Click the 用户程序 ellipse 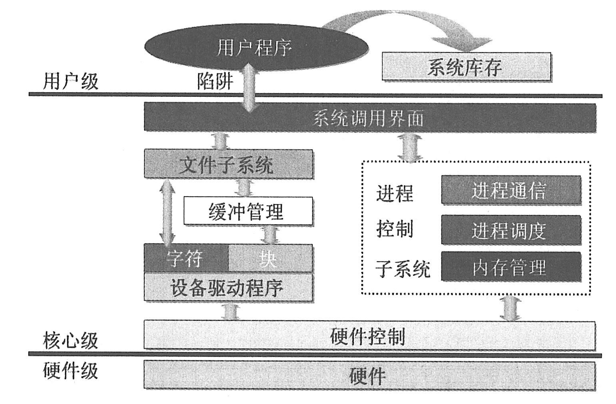click(x=256, y=48)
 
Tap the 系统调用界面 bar click(x=369, y=118)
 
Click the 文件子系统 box click(x=228, y=164)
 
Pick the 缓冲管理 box click(x=248, y=211)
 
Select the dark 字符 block click(x=186, y=258)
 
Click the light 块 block click(x=270, y=258)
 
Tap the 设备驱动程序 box click(x=228, y=287)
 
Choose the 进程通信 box click(x=510, y=190)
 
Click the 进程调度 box click(x=510, y=230)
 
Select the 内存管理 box click(x=510, y=266)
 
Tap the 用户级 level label click(x=70, y=82)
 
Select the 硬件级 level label click(x=70, y=371)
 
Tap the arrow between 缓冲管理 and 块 click(x=270, y=235)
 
